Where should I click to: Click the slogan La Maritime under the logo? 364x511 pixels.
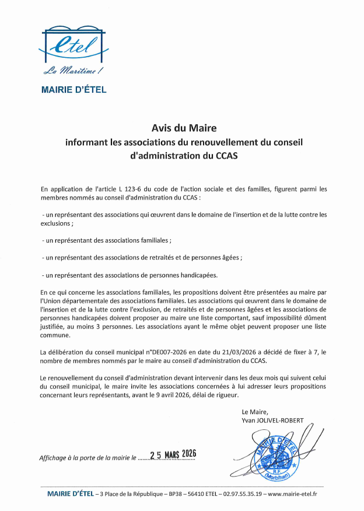tap(73, 72)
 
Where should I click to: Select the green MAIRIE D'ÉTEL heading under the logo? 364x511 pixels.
tap(74, 90)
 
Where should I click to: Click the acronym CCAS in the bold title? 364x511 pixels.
tap(226, 156)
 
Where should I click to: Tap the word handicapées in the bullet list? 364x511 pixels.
tap(205, 274)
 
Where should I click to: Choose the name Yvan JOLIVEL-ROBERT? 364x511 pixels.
tap(272, 420)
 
